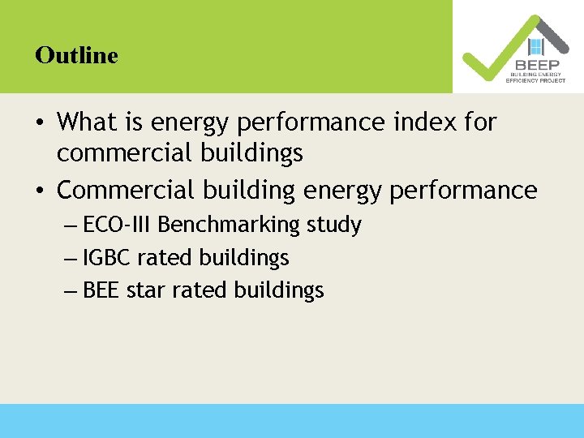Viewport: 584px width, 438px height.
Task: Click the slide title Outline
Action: [x=76, y=55]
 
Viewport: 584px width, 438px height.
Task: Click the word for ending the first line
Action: [x=480, y=122]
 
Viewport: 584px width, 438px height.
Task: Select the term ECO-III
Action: [x=118, y=225]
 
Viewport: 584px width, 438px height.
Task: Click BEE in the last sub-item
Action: [x=101, y=290]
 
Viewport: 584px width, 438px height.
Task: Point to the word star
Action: [x=143, y=290]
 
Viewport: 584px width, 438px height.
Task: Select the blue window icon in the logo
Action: [x=535, y=46]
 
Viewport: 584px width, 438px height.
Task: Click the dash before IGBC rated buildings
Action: [x=70, y=259]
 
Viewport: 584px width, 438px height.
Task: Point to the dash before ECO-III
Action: [x=70, y=225]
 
